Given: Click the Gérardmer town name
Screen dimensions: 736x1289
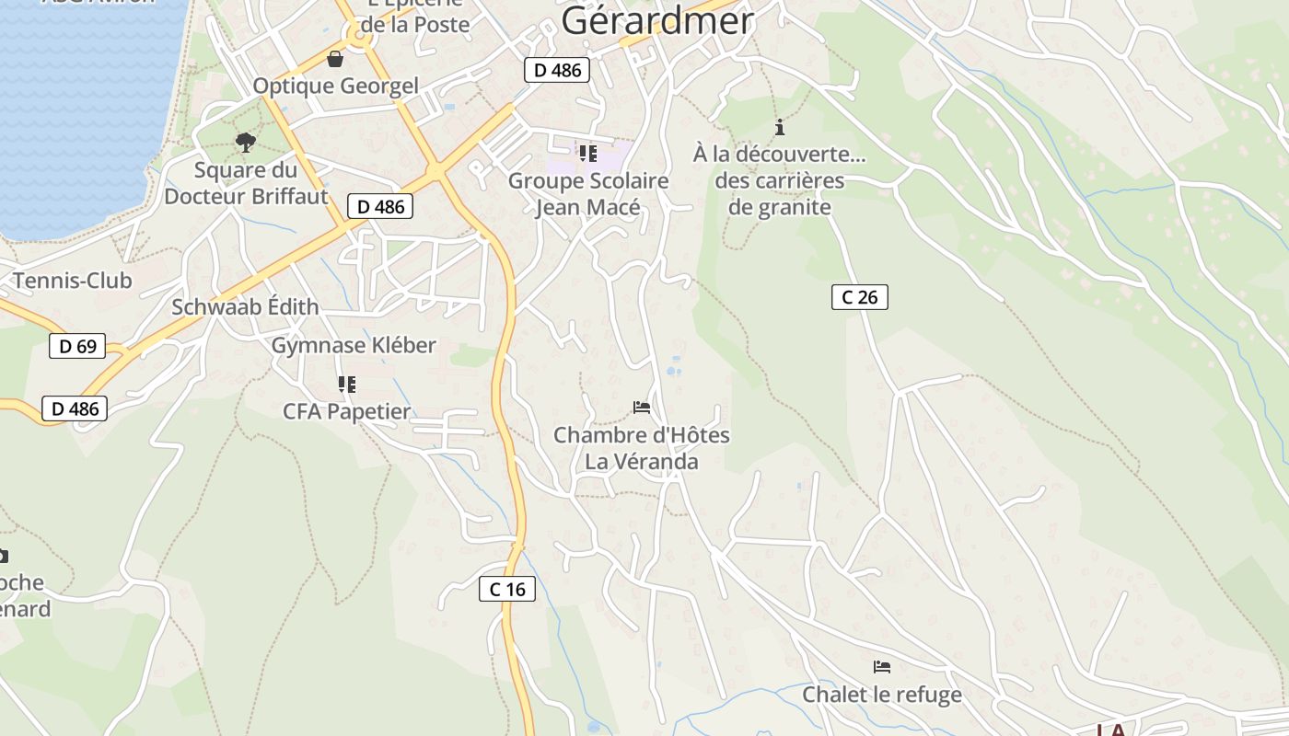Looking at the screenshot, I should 656,20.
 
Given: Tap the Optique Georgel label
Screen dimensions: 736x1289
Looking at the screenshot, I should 335,86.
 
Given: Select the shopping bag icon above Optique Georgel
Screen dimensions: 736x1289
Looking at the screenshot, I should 335,59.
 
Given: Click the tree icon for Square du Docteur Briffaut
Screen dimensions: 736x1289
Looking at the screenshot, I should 245,142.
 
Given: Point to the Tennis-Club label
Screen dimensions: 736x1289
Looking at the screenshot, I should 72,281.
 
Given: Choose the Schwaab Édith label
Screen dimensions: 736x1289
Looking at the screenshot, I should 245,307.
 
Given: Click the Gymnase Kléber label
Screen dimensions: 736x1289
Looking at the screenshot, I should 354,345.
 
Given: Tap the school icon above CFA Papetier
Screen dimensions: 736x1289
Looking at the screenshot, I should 346,384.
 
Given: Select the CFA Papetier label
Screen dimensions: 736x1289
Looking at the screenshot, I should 346,411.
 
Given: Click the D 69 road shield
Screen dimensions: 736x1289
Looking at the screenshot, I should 77,346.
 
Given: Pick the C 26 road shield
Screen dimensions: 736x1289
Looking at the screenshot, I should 859,296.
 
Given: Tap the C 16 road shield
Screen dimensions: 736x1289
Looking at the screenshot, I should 507,589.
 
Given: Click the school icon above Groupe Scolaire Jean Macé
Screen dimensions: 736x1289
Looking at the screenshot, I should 587,153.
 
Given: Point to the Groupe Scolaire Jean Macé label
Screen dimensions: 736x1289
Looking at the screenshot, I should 588,194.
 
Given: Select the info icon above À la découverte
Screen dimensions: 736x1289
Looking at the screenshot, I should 780,127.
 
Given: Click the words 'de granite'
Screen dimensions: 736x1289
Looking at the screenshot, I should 779,207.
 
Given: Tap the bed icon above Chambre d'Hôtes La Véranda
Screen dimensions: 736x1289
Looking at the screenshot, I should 642,407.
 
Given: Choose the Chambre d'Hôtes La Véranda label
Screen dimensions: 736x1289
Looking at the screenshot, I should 642,448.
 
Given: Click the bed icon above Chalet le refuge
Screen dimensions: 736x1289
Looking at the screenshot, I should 882,666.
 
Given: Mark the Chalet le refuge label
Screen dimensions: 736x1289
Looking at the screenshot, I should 882,694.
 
